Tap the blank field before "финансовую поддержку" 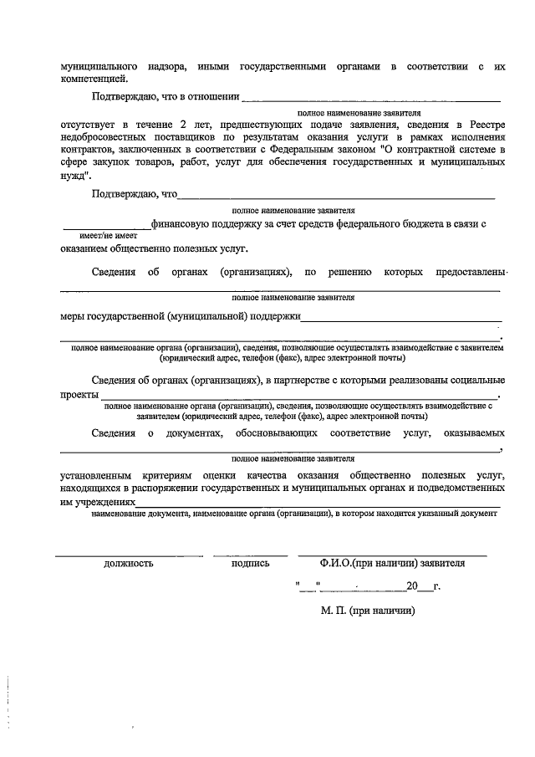(106, 225)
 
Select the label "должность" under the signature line (128, 564)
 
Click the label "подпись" (250, 564)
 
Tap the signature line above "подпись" (250, 555)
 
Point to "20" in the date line (410, 586)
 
